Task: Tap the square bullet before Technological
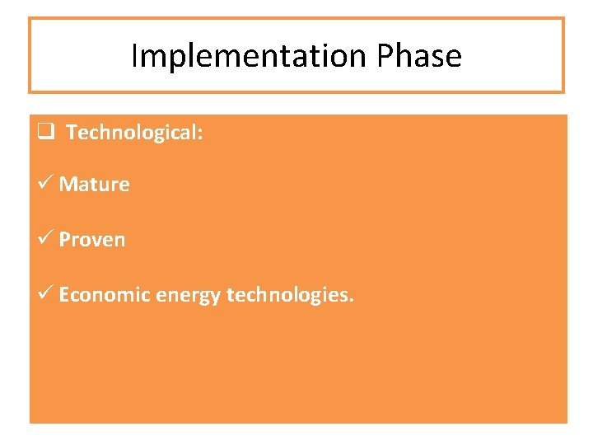[x=44, y=131]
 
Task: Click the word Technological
[x=130, y=133]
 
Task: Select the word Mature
[x=94, y=185]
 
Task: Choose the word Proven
[x=92, y=240]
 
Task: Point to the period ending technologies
[x=352, y=302]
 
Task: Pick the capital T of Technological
[x=71, y=133]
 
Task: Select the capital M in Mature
[x=67, y=185]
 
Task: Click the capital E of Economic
[x=63, y=295]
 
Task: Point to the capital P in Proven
[x=64, y=240]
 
